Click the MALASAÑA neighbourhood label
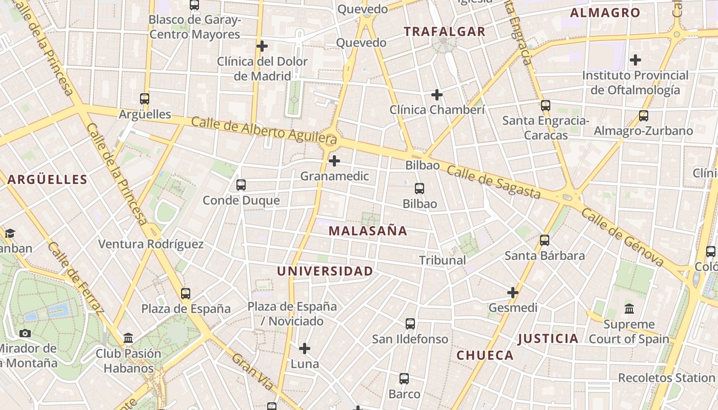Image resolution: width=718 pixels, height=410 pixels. [368, 231]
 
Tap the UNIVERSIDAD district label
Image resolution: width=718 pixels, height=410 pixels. [325, 271]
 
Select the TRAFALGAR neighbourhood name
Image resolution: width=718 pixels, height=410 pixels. [444, 32]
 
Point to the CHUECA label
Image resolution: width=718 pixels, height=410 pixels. [485, 355]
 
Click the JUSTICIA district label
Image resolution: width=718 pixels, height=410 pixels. [548, 338]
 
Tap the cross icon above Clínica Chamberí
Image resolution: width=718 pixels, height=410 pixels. [437, 95]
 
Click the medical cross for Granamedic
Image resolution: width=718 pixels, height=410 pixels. [334, 161]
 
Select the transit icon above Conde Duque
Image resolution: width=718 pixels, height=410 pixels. [241, 185]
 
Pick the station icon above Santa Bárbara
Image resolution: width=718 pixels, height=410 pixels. [545, 240]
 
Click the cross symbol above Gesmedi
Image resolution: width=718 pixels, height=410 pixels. [512, 293]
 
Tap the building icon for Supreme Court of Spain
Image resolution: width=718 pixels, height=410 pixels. [629, 309]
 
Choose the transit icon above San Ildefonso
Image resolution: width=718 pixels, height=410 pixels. [410, 324]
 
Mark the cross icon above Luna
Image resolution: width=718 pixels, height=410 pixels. [305, 348]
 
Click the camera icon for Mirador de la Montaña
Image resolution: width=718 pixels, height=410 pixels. [25, 333]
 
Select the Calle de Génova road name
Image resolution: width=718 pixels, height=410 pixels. [622, 238]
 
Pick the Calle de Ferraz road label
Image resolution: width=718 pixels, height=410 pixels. [75, 277]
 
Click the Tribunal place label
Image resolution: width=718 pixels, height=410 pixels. [442, 260]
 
